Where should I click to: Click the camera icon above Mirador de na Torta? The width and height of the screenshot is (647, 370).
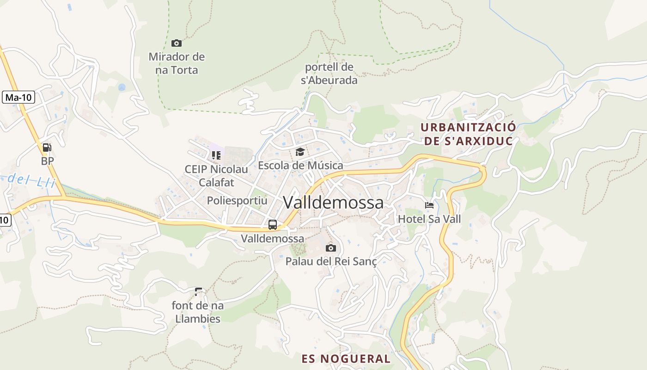coord(176,43)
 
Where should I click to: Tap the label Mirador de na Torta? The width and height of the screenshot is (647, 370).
coord(177,63)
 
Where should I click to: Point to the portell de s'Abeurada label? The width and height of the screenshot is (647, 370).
coord(329,74)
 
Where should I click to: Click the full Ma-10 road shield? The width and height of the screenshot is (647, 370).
coord(18,98)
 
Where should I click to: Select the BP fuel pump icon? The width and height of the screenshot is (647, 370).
coord(47,148)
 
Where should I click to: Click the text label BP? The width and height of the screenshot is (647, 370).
coord(47,161)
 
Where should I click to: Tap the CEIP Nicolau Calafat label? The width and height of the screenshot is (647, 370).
coord(216,176)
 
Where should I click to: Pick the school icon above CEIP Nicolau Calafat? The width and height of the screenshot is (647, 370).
coord(216,155)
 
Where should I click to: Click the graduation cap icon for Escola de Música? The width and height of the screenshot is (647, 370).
coord(300,152)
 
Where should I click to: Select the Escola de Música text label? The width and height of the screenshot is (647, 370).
coord(300,165)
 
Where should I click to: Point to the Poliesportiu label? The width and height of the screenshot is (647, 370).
coord(237,201)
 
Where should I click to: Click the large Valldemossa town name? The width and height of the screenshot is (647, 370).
coord(333,203)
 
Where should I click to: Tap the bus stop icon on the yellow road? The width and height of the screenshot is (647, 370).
coord(273,225)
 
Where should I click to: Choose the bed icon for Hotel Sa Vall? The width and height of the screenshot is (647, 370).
coord(429,205)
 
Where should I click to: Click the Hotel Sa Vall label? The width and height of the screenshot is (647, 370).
coord(429,219)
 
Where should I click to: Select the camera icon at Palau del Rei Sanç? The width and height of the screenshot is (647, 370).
coord(330,248)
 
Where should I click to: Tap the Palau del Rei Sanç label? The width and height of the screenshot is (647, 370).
coord(331,261)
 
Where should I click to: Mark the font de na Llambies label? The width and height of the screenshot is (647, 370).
coord(198,312)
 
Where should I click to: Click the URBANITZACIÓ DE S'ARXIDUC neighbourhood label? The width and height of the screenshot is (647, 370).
coord(469,134)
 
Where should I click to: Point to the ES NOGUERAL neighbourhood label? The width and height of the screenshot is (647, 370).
coord(346,358)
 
